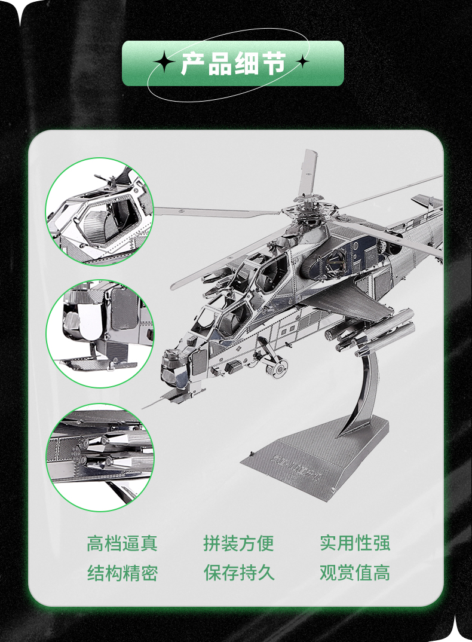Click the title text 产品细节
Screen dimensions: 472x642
[233, 63]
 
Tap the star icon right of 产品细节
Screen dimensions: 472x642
[302, 62]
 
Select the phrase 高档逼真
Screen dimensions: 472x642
[122, 543]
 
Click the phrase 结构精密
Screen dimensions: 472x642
[122, 573]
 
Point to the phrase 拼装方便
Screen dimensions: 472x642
[238, 543]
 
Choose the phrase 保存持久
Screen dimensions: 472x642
[238, 573]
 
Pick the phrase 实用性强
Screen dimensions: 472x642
[355, 543]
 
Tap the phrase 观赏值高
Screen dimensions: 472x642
[355, 573]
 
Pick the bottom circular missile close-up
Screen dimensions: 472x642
[100, 457]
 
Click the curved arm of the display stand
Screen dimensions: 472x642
[364, 393]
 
